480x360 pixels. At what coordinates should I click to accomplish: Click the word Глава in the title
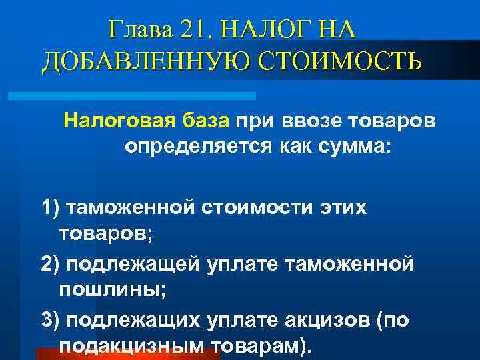[141, 30]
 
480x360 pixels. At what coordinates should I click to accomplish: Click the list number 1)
[50, 207]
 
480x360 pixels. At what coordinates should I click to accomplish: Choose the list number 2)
[50, 265]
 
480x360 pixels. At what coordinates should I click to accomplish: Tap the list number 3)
[50, 321]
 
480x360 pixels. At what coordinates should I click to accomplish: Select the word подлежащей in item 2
[127, 265]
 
